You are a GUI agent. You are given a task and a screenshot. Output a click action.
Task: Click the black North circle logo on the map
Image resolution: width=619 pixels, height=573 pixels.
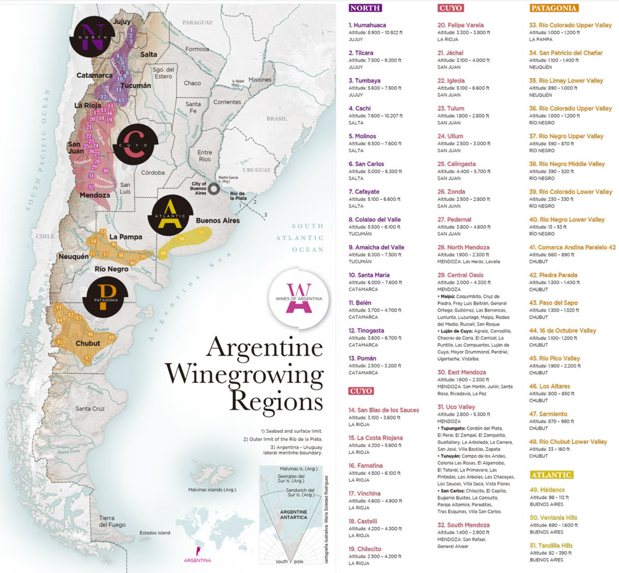[92, 37]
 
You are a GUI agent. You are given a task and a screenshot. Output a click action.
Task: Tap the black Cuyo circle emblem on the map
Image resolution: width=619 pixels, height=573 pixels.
[135, 144]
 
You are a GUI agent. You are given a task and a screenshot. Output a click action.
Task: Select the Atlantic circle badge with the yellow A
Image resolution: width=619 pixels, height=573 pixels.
[171, 215]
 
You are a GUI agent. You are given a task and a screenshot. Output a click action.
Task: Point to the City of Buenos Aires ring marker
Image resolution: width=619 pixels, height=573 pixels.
[214, 189]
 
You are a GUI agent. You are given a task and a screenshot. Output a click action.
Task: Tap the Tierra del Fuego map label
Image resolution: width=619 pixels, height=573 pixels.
[112, 521]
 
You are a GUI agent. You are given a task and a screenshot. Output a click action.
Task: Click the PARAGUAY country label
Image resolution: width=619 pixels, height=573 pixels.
[197, 22]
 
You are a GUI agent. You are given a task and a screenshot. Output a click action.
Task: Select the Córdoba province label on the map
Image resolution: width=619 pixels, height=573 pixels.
[153, 173]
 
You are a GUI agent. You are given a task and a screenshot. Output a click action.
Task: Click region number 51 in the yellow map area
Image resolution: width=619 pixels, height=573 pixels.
[201, 232]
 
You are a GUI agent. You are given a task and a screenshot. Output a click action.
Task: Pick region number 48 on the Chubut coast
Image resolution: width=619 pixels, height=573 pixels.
[111, 337]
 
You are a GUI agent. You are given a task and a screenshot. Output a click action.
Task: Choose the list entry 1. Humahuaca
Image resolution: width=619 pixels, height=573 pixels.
[367, 25]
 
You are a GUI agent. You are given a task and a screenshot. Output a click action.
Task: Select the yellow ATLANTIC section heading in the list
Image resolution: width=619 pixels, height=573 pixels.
[551, 475]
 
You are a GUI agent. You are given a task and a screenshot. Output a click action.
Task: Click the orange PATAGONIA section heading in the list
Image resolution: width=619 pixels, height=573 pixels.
[554, 8]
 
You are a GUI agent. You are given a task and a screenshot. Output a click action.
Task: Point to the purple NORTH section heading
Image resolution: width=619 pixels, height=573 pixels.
[365, 8]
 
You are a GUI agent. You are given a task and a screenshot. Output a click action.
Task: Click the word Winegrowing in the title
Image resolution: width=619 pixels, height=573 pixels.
[244, 375]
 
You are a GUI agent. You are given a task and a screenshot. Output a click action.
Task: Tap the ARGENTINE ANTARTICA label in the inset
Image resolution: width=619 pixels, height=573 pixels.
[294, 514]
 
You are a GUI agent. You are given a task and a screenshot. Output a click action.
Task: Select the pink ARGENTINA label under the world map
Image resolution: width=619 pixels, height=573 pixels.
[197, 560]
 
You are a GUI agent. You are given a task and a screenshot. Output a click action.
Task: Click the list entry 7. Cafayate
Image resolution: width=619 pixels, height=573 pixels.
[364, 192]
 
